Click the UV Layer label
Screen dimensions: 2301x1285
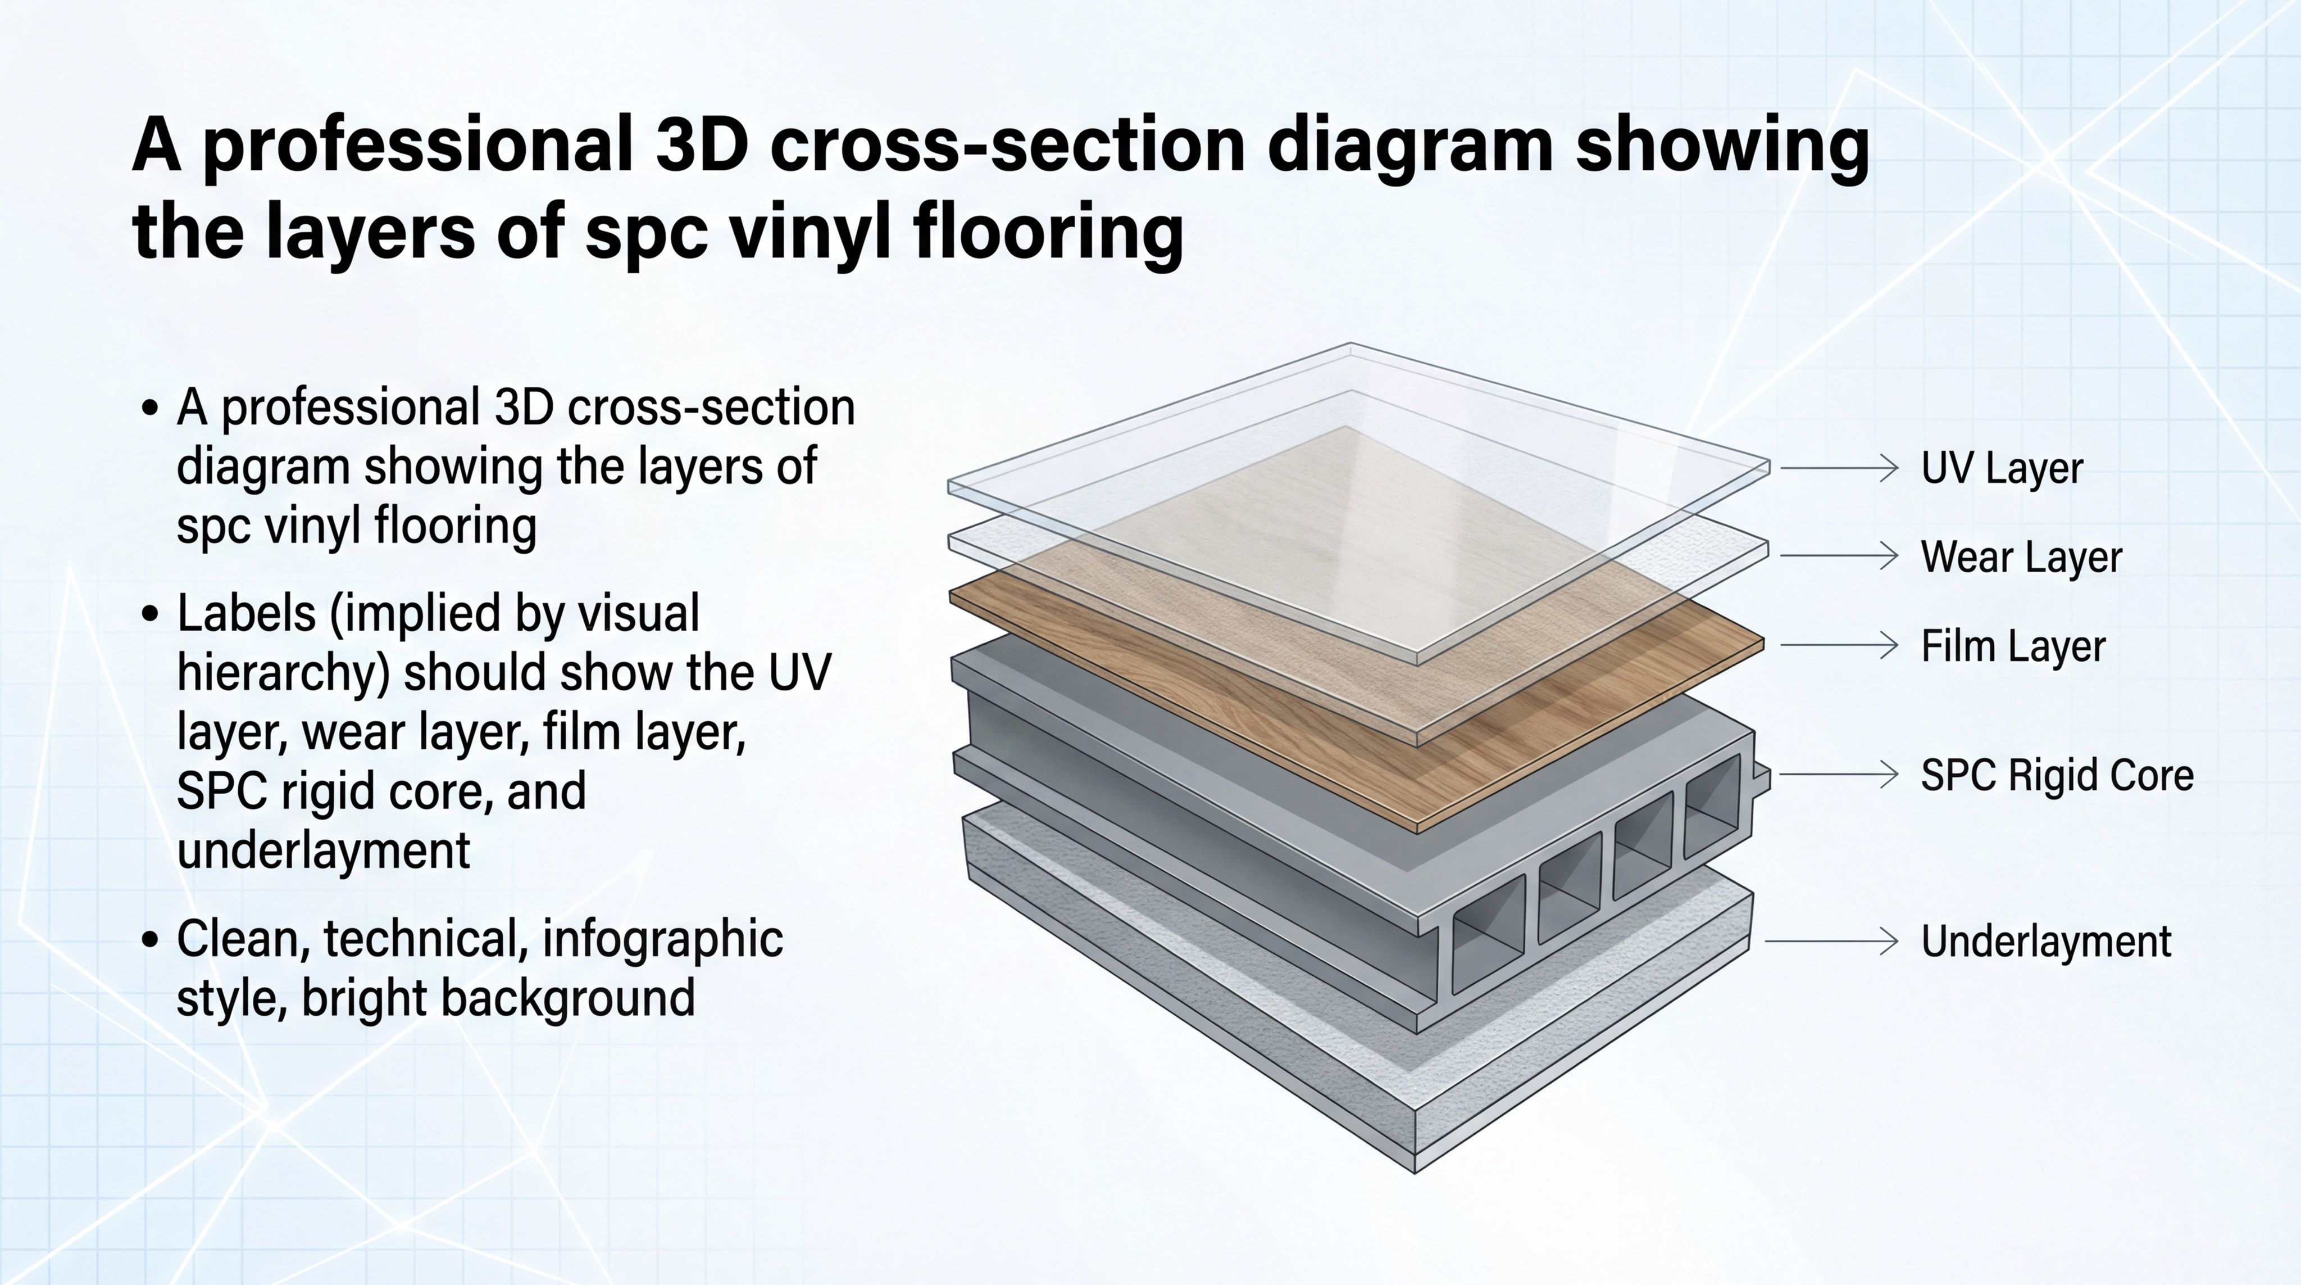click(2002, 468)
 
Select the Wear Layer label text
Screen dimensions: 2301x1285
click(2021, 556)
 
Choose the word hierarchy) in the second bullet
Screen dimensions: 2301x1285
click(284, 675)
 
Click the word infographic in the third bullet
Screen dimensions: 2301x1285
click(663, 940)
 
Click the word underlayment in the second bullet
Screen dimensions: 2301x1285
click(324, 850)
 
